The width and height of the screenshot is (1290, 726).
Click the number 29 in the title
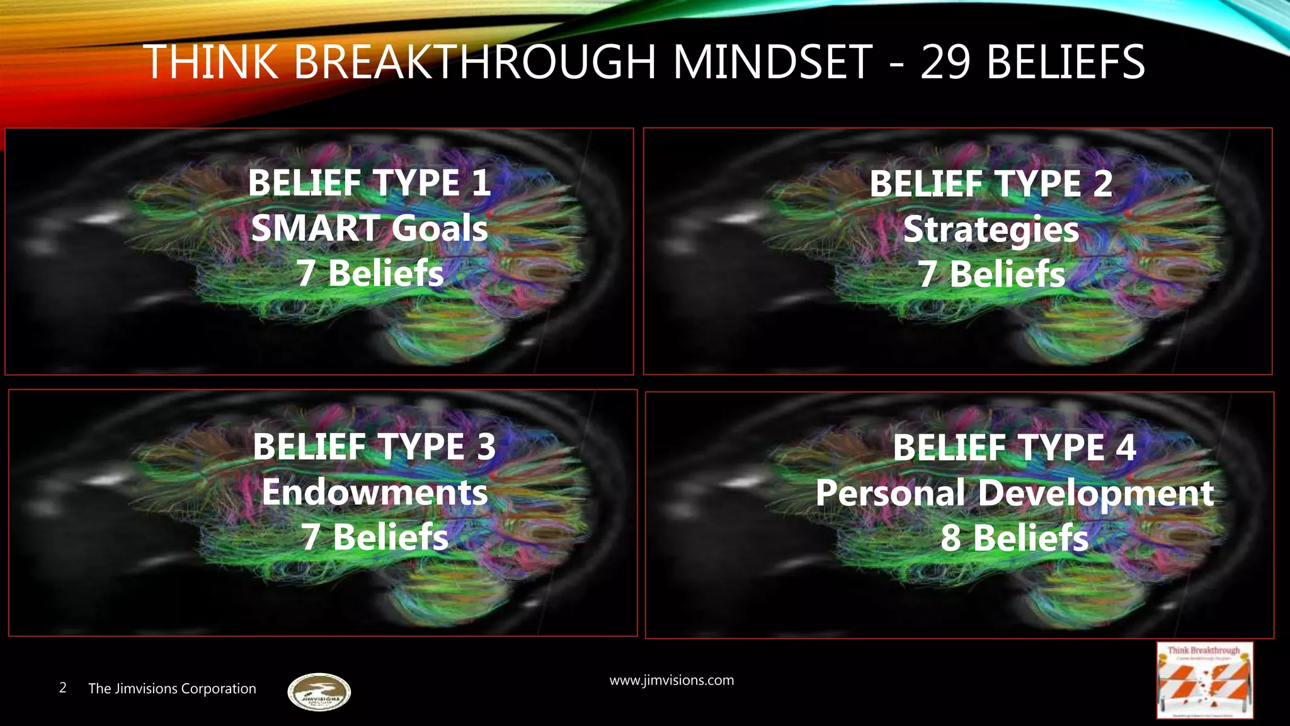point(945,62)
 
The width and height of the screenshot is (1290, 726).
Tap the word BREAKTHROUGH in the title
point(476,62)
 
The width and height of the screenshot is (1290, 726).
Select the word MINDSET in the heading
point(773,62)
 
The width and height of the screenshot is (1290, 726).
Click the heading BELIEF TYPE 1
point(369,183)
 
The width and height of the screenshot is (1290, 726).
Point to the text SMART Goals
point(369,228)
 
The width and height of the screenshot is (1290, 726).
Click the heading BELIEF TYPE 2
point(991,184)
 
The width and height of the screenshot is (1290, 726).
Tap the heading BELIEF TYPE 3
point(374,447)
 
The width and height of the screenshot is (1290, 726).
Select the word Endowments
point(374,492)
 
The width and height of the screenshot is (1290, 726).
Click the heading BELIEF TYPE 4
point(1014,447)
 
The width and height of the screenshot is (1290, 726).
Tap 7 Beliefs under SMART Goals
point(370,274)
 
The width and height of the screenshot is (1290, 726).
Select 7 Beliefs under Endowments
point(375,537)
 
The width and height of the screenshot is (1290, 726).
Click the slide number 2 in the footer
point(62,688)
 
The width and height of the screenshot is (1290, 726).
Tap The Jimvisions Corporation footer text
point(172,689)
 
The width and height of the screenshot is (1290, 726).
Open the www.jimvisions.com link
point(671,681)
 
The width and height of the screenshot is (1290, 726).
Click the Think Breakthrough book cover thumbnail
point(1204,681)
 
